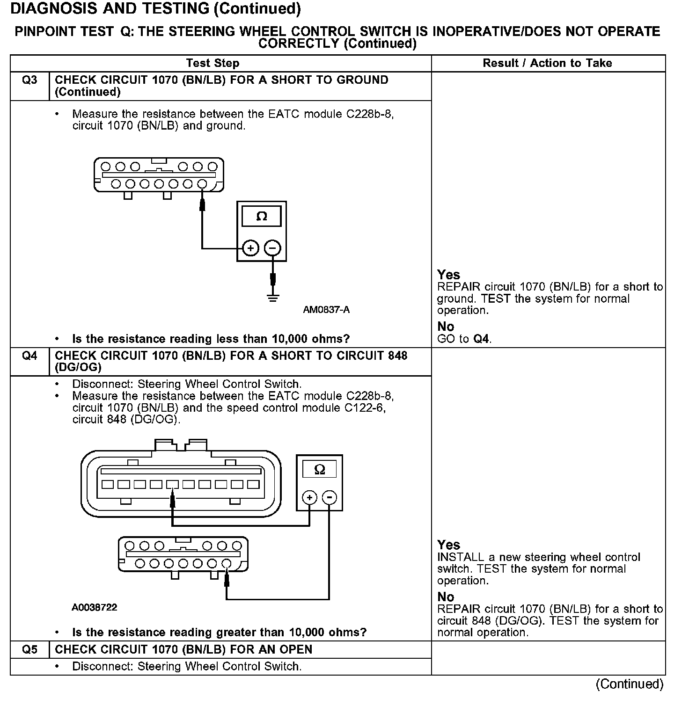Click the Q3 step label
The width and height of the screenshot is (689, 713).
click(x=29, y=80)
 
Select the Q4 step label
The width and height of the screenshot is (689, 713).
click(x=29, y=356)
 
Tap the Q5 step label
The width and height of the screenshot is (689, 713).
click(x=29, y=649)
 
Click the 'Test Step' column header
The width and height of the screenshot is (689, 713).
click(x=213, y=63)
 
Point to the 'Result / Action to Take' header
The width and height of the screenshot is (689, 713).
click(x=547, y=63)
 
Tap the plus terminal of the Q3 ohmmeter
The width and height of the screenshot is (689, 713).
click(x=251, y=248)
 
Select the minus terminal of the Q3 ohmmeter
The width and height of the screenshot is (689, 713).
click(x=273, y=248)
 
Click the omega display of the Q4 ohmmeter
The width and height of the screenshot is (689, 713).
click(x=320, y=469)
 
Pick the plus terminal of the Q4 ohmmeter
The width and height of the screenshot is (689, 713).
click(x=309, y=498)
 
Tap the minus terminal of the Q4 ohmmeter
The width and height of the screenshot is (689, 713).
click(x=330, y=498)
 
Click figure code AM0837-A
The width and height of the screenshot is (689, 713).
click(x=326, y=310)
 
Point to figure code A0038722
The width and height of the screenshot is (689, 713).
click(x=94, y=607)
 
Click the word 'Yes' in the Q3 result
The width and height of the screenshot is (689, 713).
click(x=448, y=275)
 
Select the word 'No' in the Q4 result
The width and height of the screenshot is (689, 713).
click(x=446, y=597)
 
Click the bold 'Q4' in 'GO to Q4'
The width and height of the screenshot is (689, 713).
click(x=482, y=339)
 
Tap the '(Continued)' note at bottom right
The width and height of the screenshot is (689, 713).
click(x=629, y=684)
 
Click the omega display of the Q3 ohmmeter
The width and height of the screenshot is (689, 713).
click(x=262, y=216)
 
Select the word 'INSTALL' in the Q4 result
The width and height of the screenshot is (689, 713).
click(x=460, y=557)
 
